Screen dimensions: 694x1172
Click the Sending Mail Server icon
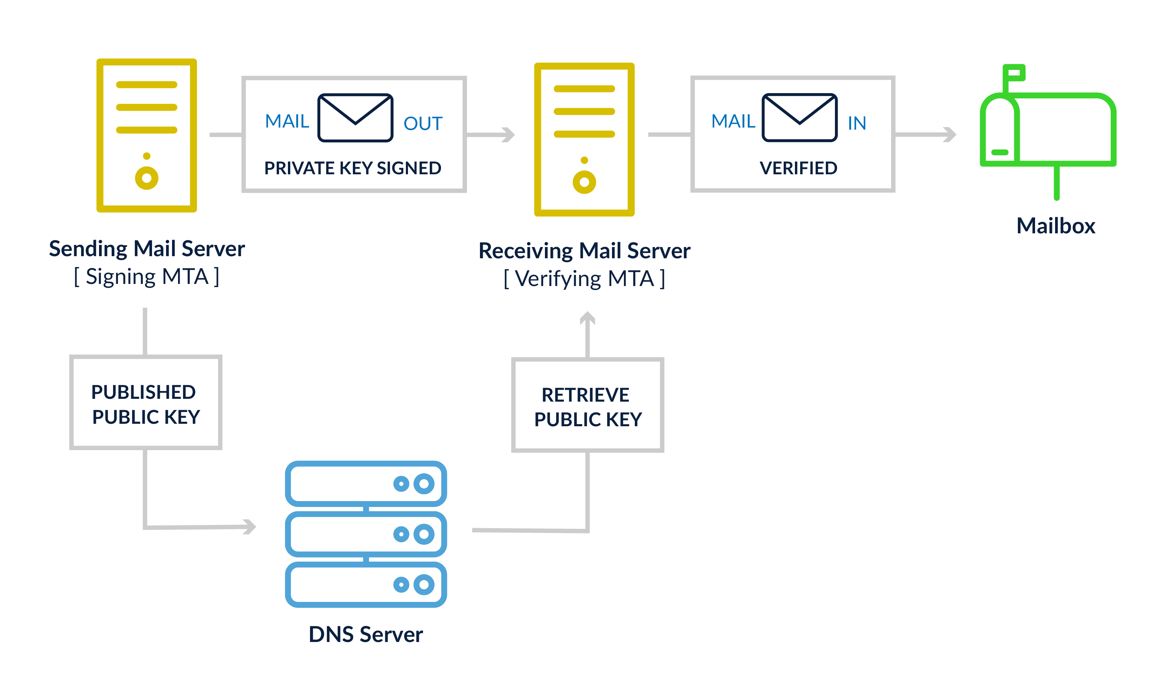(146, 135)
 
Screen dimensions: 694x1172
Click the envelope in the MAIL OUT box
(355, 117)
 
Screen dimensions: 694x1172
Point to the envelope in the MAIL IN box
(799, 117)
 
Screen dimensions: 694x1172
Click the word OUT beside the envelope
(423, 123)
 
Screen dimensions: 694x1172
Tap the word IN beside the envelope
(857, 123)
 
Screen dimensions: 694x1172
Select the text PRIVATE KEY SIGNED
(353, 168)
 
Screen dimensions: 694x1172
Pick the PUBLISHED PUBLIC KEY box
(146, 403)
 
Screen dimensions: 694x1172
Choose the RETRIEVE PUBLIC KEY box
(587, 406)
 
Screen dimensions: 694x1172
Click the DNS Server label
(366, 635)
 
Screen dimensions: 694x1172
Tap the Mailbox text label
(1056, 226)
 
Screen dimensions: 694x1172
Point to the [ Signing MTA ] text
(147, 277)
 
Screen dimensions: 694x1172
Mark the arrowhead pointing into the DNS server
(250, 527)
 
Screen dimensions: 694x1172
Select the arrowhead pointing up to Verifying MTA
(587, 318)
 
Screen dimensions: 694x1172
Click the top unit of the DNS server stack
(366, 484)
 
